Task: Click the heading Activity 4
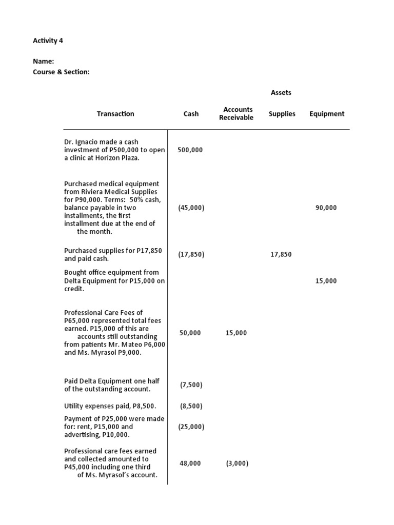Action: click(48, 41)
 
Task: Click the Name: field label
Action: click(44, 62)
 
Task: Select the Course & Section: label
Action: click(61, 72)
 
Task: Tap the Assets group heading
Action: click(281, 93)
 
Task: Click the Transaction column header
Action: click(115, 114)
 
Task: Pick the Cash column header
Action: click(191, 114)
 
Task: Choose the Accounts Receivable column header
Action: click(237, 114)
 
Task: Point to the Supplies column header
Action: click(282, 114)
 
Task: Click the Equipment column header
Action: click(327, 114)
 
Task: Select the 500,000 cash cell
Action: click(190, 150)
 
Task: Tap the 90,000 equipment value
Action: click(326, 208)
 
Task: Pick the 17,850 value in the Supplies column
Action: click(281, 254)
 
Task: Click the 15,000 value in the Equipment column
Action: click(326, 281)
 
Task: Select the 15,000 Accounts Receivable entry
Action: click(236, 333)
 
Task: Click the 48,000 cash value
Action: click(190, 463)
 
